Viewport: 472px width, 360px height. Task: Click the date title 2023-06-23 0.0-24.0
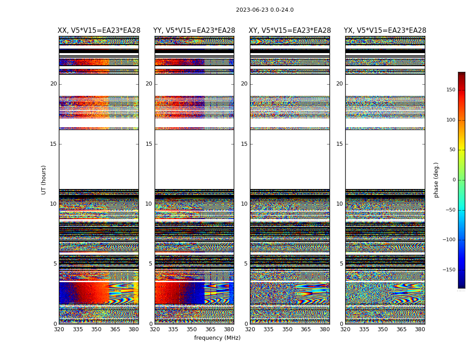[265, 10]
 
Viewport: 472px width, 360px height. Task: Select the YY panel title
[194, 31]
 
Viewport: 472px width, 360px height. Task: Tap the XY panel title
[290, 31]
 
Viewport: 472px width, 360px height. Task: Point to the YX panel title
[385, 31]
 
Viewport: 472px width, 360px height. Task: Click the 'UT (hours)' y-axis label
[44, 180]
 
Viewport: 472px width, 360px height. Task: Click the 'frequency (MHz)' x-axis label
[217, 338]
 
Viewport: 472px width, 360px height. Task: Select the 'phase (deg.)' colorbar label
[436, 180]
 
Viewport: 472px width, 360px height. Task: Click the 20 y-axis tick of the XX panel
[53, 84]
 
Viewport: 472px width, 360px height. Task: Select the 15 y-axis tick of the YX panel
[339, 144]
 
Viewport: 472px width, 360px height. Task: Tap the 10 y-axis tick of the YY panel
[149, 204]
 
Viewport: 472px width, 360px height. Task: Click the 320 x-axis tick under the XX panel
[59, 329]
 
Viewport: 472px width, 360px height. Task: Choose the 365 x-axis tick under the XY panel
[306, 329]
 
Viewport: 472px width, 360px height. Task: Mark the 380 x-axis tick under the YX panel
[420, 329]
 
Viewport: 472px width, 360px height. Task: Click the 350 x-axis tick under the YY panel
[192, 329]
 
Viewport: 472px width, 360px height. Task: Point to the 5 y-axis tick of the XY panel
[246, 264]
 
